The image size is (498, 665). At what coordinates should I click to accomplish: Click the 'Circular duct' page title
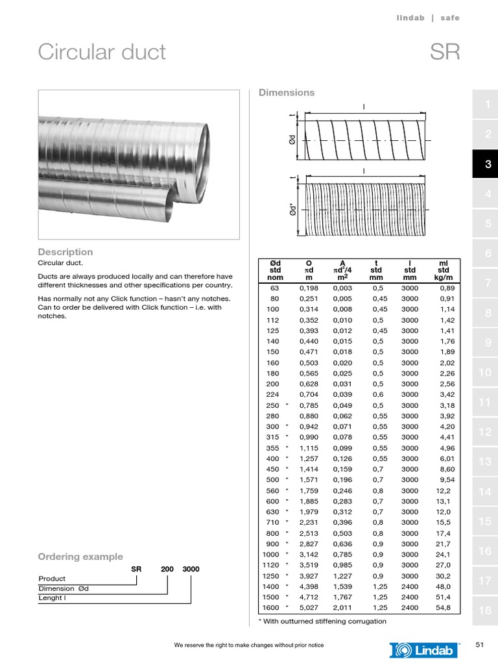pos(102,52)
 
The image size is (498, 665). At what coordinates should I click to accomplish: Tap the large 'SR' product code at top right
pos(445,52)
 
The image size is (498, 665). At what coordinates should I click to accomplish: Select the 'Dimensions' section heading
pos(287,92)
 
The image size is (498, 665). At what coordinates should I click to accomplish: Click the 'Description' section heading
pos(65,252)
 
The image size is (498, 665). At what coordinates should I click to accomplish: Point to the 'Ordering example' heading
pos(80,557)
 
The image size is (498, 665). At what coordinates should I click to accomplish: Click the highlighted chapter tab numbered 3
pos(488,165)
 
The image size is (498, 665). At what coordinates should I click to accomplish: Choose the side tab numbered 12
pos(485,432)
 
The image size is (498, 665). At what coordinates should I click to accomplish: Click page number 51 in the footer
pos(480,645)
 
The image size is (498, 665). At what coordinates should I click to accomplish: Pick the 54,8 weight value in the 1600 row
pos(444,608)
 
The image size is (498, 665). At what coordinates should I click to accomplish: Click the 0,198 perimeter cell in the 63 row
pos(309,288)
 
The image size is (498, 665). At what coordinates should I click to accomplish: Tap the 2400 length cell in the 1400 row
pos(410,586)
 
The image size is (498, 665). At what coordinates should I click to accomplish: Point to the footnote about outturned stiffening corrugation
pos(322,621)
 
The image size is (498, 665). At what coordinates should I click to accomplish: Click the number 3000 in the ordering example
pos(191,569)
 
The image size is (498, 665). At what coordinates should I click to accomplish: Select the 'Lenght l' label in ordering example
pos(53,598)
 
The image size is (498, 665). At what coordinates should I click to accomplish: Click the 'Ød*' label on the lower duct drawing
pos(293,209)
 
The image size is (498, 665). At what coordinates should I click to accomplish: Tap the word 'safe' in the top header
pos(449,18)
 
